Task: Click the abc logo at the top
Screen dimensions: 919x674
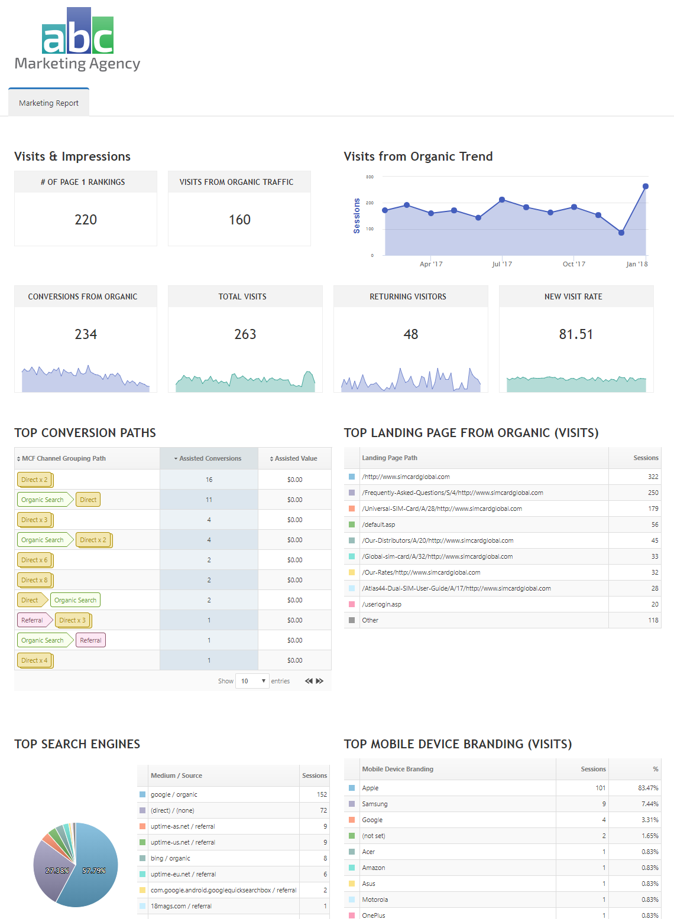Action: coord(77,32)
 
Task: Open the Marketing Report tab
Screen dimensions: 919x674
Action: coord(48,103)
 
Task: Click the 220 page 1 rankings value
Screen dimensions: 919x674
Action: coord(86,220)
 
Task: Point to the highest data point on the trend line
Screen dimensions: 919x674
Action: coord(645,187)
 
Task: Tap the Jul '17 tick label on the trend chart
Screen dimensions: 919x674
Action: coord(502,264)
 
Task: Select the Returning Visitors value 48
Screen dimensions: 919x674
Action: coord(410,334)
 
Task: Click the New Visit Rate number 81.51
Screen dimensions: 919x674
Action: coord(576,334)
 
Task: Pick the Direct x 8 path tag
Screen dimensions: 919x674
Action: coord(34,580)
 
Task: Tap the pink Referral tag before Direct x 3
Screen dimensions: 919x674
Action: coord(33,620)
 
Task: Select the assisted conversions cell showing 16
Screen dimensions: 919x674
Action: coord(209,480)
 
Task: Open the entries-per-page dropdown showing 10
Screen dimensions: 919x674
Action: coord(252,681)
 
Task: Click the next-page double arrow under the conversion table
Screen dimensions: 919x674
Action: coord(320,681)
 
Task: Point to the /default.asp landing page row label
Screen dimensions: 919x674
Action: coord(378,524)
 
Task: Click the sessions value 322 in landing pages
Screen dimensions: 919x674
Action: coord(653,477)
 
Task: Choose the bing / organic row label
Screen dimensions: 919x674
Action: coord(170,858)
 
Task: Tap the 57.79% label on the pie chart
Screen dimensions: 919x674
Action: coord(94,871)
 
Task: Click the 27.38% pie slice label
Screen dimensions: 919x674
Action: coord(57,871)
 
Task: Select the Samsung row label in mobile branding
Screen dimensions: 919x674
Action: coord(375,804)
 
